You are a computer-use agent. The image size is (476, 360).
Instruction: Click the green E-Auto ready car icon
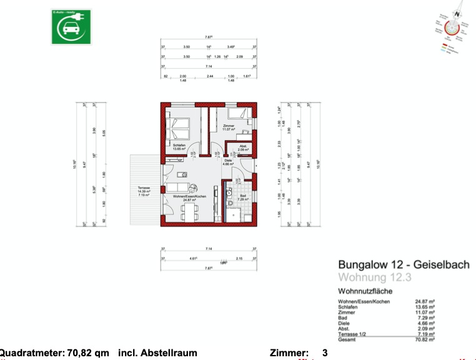coord(70,27)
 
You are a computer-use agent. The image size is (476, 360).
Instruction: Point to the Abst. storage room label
coord(243,149)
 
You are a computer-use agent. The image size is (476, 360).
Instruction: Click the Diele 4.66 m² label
coord(228,162)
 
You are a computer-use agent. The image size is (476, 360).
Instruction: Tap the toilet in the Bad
coord(230,202)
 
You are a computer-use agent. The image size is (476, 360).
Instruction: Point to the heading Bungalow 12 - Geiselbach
coord(404,265)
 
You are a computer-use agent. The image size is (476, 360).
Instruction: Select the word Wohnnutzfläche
coord(365,291)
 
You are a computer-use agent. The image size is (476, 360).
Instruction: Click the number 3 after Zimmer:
coord(325,353)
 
